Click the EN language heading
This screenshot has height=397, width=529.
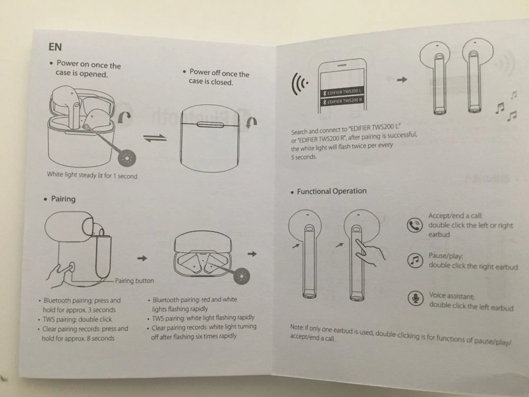55,47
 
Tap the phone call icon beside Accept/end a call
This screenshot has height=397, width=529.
414,225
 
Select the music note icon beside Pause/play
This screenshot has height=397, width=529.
415,261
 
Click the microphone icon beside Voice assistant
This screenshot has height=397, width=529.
416,298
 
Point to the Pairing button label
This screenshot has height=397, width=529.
134,281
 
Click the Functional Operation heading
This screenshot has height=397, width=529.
331,191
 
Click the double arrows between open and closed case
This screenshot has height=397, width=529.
155,138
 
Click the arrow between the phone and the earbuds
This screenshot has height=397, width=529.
402,79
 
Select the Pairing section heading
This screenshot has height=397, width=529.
63,199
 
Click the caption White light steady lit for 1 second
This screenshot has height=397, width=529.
92,175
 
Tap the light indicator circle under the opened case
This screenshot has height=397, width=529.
127,158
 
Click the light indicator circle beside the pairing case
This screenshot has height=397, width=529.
241,276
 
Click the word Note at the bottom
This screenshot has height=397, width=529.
297,327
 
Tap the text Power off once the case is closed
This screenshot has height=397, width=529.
219,77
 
